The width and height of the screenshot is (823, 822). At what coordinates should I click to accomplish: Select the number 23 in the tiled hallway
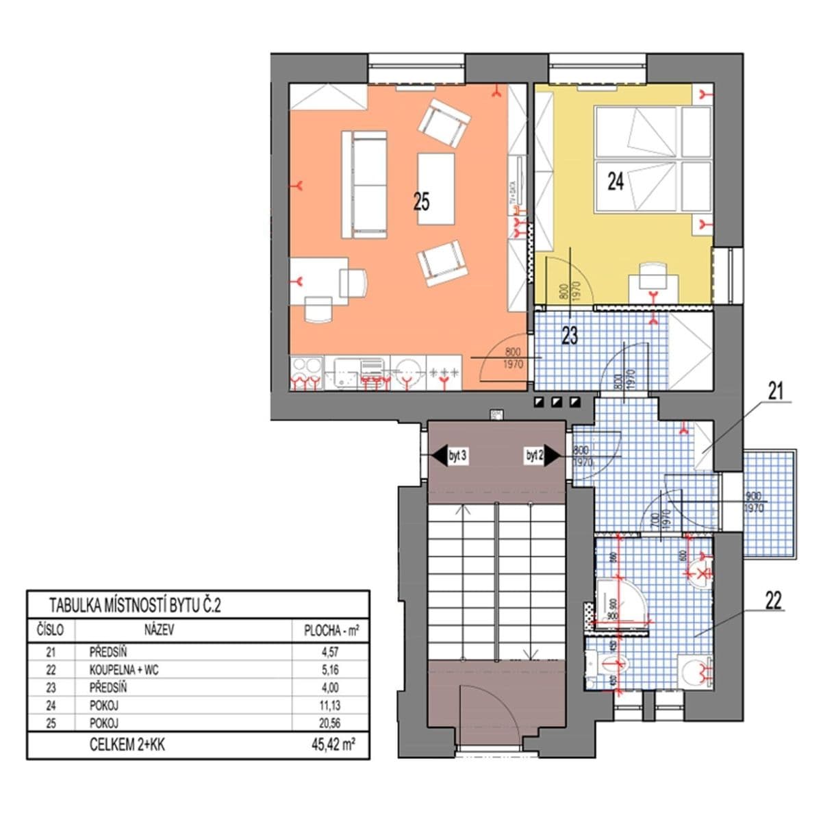pos(570,336)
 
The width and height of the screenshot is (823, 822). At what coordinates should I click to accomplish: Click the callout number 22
pos(773,601)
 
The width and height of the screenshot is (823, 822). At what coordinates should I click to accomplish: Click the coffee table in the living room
pos(436,189)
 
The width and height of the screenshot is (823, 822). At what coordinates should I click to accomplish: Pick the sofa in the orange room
pos(364,184)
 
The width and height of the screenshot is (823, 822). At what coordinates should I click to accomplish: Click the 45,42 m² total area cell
pos(333,745)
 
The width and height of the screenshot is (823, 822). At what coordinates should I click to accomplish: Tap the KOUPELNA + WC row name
pos(123,670)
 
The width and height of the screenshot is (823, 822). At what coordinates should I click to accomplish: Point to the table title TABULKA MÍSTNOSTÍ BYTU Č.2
pos(135,606)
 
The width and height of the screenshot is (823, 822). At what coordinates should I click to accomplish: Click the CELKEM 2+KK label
pos(127,745)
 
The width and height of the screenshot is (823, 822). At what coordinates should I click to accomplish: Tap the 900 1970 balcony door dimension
pos(754,502)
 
